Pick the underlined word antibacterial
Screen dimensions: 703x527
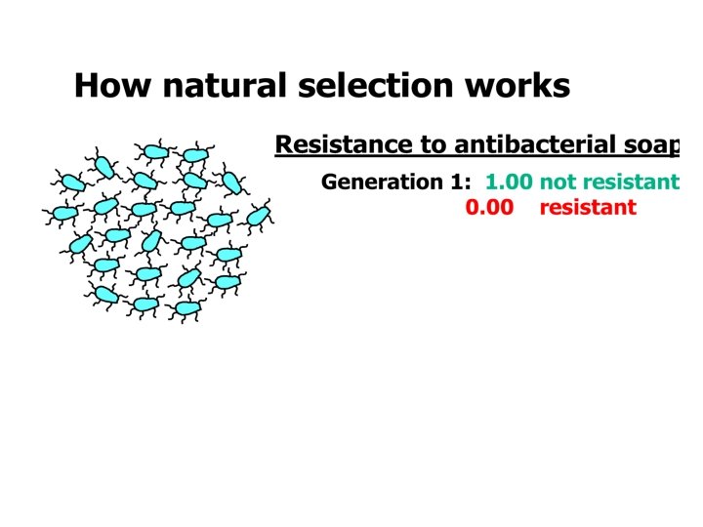click(x=528, y=145)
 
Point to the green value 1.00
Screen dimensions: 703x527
click(x=509, y=182)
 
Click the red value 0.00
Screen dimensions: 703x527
click(x=489, y=207)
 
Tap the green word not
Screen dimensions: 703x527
click(x=558, y=182)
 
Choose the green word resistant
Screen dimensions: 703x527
click(x=630, y=182)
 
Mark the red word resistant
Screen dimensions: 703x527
click(x=587, y=207)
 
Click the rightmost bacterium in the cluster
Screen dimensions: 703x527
click(x=258, y=216)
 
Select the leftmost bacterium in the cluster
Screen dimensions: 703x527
click(x=63, y=213)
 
